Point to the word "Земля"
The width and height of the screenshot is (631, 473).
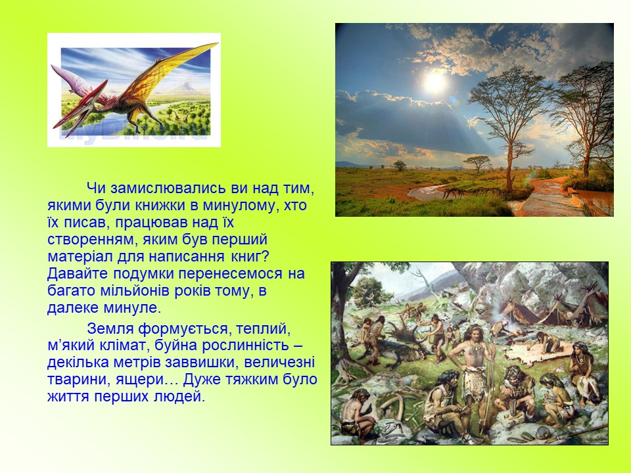110,328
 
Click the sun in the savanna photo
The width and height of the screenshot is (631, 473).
435,81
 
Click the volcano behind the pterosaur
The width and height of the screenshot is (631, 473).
184,86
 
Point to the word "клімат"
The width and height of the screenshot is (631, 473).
121,346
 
